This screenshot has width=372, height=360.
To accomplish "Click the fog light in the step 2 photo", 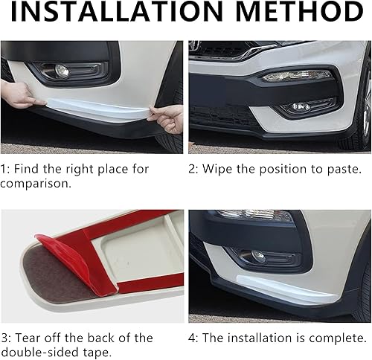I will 300,107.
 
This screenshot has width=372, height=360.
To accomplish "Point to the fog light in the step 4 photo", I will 257,256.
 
